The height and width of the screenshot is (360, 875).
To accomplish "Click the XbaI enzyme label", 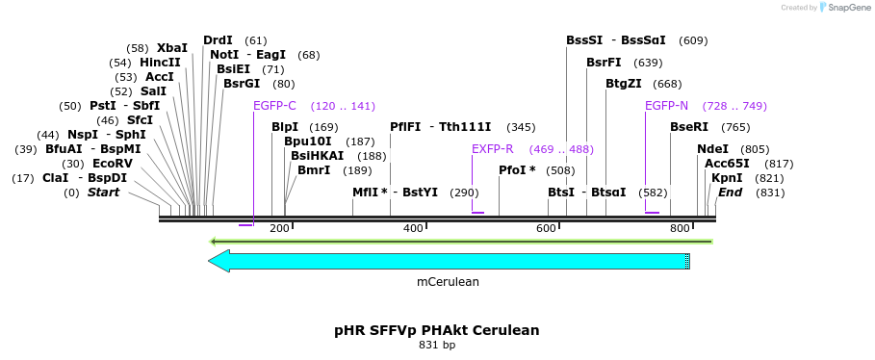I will [172, 48].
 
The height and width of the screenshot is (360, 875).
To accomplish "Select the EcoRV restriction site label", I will [113, 164].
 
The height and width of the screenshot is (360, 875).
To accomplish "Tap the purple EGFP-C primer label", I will [274, 106].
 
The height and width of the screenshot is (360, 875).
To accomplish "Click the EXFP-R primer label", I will [492, 149].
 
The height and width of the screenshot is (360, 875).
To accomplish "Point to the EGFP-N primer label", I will [666, 106].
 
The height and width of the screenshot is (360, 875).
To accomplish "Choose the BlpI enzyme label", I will [284, 127].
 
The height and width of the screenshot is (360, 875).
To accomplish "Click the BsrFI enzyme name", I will [604, 63].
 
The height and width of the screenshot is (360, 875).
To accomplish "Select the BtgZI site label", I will [623, 84].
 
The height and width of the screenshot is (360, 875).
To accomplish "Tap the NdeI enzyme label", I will [712, 149].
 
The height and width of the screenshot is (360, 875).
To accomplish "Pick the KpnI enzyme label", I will [727, 178].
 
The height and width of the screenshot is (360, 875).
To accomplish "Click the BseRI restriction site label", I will [688, 127].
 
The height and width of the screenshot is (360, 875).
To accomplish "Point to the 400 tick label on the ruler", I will [413, 228].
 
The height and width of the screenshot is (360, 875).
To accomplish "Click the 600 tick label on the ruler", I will [547, 228].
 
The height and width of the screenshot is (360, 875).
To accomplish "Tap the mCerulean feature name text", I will [448, 282].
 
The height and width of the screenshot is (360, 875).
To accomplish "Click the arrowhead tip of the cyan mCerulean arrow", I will [211, 261].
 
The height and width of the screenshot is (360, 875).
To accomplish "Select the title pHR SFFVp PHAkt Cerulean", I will [436, 330].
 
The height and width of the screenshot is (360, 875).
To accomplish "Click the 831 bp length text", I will [436, 346].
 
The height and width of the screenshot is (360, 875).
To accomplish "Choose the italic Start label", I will [103, 193].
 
